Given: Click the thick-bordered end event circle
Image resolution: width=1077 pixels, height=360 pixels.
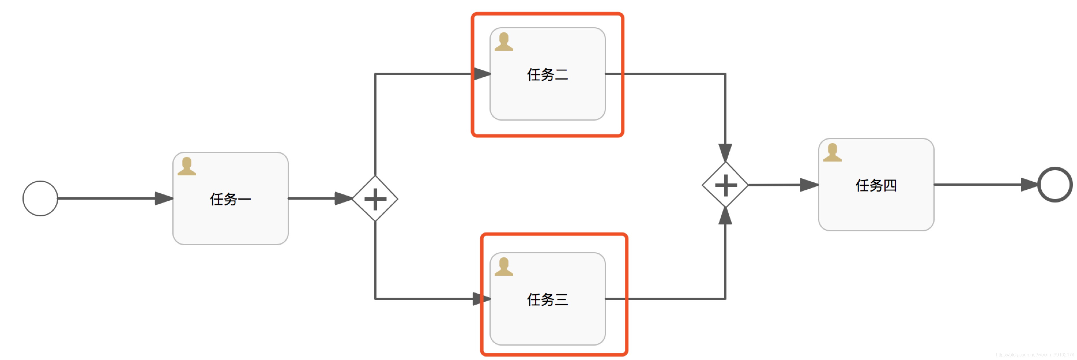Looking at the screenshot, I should [x=1055, y=184].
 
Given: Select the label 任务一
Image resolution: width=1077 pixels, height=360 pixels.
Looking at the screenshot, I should [x=230, y=199].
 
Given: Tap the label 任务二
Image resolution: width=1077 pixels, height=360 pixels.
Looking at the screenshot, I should [x=547, y=74].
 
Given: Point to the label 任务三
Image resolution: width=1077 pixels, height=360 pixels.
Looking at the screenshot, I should [x=547, y=299].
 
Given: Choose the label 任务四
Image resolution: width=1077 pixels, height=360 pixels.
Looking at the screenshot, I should [x=876, y=185].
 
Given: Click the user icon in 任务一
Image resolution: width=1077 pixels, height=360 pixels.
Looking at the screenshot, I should [x=187, y=166].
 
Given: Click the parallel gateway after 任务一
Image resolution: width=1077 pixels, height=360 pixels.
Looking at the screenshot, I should [x=375, y=199].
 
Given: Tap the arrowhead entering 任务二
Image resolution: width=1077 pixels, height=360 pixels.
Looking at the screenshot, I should [x=482, y=74].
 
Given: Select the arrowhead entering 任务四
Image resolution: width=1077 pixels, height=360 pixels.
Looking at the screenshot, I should [x=809, y=185].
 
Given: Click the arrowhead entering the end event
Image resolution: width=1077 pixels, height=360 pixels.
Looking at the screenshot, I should [x=1030, y=184].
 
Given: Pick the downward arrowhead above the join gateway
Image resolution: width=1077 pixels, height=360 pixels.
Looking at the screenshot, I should [x=725, y=153].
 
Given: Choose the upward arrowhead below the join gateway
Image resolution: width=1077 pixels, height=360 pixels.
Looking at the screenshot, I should [x=725, y=216].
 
